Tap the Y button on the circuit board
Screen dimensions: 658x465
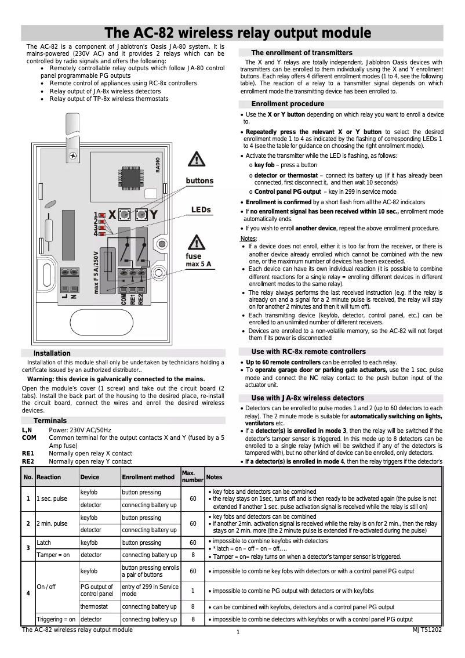(x=141, y=215)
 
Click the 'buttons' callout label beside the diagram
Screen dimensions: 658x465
(x=199, y=181)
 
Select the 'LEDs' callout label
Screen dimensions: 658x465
(x=201, y=210)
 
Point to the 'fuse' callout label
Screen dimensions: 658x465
(x=194, y=256)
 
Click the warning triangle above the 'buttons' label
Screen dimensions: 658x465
(x=198, y=160)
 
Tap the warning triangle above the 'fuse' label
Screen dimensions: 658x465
(x=197, y=243)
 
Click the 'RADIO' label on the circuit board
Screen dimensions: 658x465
(x=158, y=165)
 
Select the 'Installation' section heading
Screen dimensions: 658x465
(x=52, y=353)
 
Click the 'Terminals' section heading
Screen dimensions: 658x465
(x=50, y=421)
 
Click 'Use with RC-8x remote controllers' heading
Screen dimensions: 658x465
(x=308, y=352)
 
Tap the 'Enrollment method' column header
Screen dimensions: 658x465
(x=148, y=477)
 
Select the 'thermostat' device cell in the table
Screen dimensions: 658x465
(x=93, y=607)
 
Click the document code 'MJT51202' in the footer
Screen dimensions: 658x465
(x=427, y=630)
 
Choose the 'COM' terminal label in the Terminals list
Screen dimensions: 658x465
(x=30, y=438)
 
